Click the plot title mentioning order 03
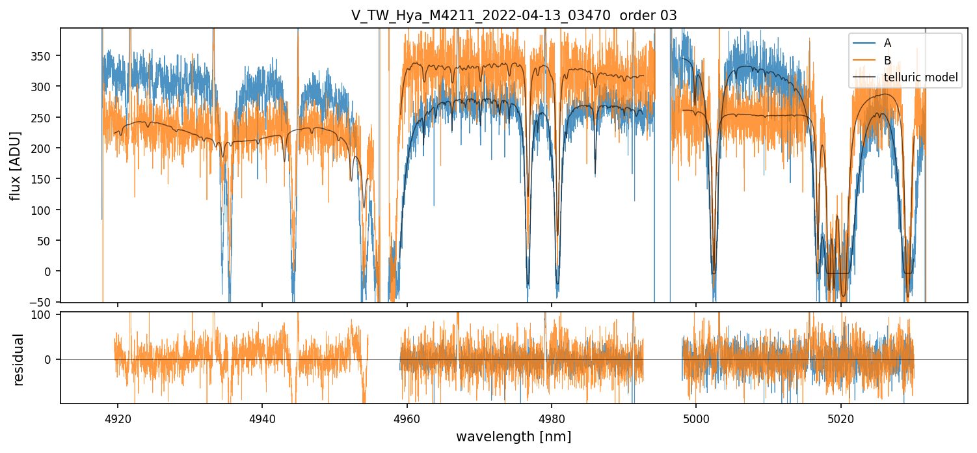tap(514, 16)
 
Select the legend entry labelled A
tap(887, 44)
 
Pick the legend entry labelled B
tap(887, 61)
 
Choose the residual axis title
tap(19, 359)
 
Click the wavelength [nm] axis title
tap(514, 436)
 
